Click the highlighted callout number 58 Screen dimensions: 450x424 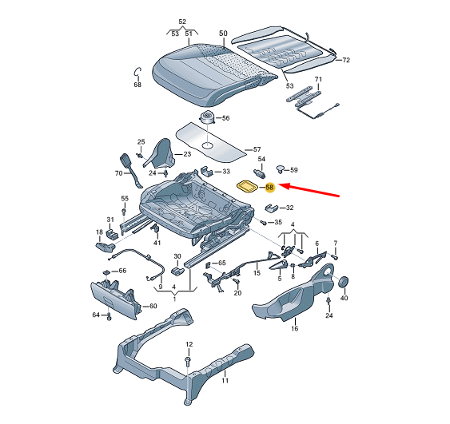269,188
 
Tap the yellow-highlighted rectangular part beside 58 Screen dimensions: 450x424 248,186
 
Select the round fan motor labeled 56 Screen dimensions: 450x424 207,117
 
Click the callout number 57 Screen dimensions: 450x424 257,149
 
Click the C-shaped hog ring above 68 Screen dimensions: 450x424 137,72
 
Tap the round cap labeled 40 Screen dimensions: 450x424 344,282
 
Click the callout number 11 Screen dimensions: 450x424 225,380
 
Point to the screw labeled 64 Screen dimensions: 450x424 109,316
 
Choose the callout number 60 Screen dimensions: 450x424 153,306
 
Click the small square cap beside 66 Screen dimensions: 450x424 106,271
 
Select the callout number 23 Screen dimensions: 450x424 187,154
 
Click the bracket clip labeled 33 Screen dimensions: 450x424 206,171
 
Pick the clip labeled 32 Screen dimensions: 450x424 271,208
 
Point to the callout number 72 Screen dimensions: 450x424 346,60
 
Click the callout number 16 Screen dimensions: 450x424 295,328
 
